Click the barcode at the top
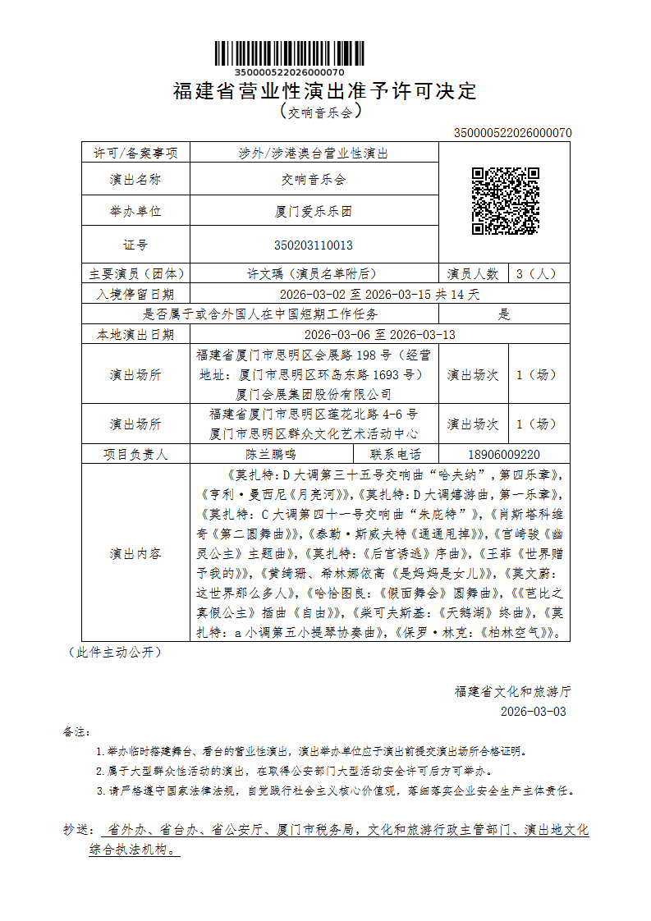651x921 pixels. click(279, 53)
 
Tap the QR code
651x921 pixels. click(505, 201)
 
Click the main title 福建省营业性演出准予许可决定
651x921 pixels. click(325, 91)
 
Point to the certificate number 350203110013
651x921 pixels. click(314, 245)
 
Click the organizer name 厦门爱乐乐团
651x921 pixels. click(314, 211)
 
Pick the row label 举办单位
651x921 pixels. click(135, 211)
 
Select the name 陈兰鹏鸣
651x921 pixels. click(271, 454)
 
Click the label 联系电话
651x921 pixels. click(396, 454)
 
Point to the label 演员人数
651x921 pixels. click(473, 273)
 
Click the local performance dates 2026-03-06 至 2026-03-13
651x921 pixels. click(379, 335)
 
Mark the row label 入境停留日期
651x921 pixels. click(135, 294)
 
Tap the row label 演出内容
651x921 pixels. click(135, 554)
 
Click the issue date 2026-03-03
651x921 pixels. click(533, 711)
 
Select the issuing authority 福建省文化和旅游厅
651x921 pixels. click(513, 691)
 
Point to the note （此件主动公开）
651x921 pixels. click(114, 653)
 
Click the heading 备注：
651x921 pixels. click(78, 731)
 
